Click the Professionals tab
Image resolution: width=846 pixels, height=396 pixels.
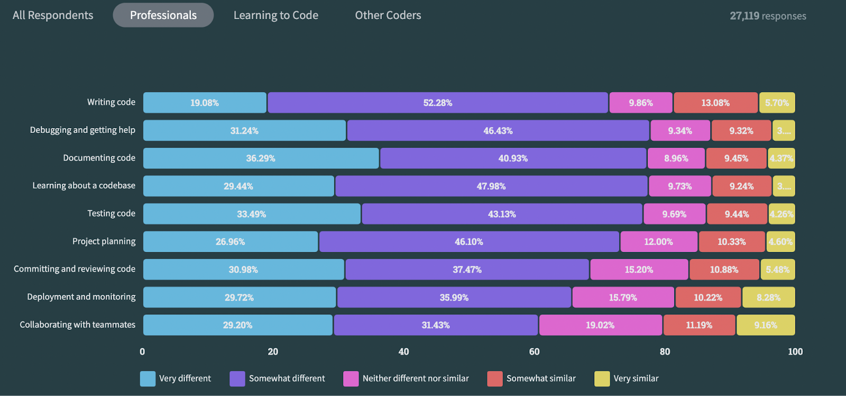tap(163, 15)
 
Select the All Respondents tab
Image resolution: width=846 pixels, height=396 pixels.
tap(53, 15)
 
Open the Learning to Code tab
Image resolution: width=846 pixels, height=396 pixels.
tap(276, 15)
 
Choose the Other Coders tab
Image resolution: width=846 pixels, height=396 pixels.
tap(388, 15)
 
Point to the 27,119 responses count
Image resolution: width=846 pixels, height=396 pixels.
tap(768, 16)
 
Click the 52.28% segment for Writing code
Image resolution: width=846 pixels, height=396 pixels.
tap(438, 103)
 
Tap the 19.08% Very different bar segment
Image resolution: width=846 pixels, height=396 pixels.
tap(205, 103)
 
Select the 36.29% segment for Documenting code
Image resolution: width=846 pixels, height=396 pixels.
tap(261, 158)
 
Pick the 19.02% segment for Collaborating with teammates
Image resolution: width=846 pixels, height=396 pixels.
tap(600, 325)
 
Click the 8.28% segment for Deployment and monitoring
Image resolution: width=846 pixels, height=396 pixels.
tap(768, 298)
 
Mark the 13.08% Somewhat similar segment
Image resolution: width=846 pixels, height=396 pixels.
tap(715, 103)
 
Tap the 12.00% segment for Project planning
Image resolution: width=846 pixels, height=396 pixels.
tap(658, 242)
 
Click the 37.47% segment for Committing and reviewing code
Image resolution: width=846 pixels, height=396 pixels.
tap(467, 269)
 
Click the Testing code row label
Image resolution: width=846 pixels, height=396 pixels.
tap(111, 213)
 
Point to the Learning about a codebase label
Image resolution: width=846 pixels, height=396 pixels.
tap(84, 185)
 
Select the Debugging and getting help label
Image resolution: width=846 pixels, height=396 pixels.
tap(82, 130)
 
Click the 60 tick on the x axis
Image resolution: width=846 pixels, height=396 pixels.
tap(534, 352)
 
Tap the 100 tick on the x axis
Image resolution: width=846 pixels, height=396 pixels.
tap(795, 352)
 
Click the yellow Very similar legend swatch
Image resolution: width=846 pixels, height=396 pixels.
tap(602, 379)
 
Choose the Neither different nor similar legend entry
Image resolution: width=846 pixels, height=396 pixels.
tap(416, 379)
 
